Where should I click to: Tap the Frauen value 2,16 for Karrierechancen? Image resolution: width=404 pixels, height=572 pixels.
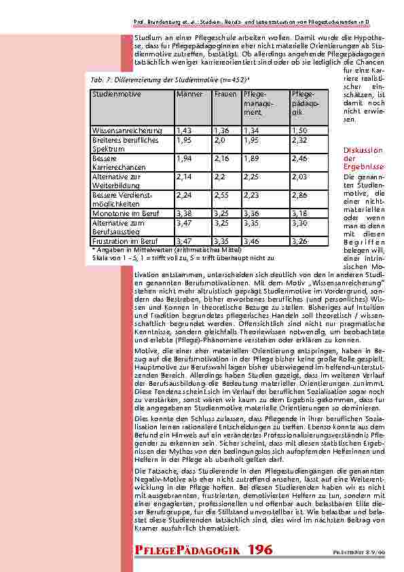(x=222, y=158)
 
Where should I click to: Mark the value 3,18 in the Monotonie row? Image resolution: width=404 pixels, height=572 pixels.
(x=299, y=213)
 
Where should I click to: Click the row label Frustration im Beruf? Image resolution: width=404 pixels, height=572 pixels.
(x=124, y=241)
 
